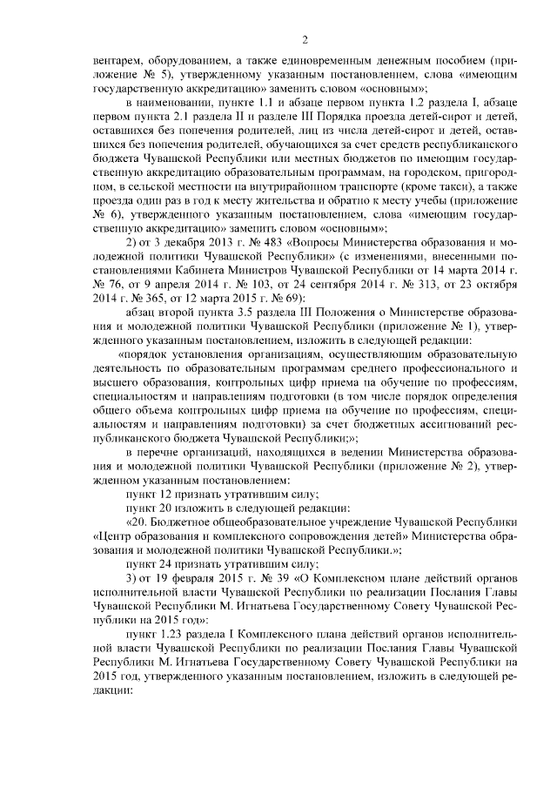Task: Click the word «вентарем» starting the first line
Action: [x=119, y=62]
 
